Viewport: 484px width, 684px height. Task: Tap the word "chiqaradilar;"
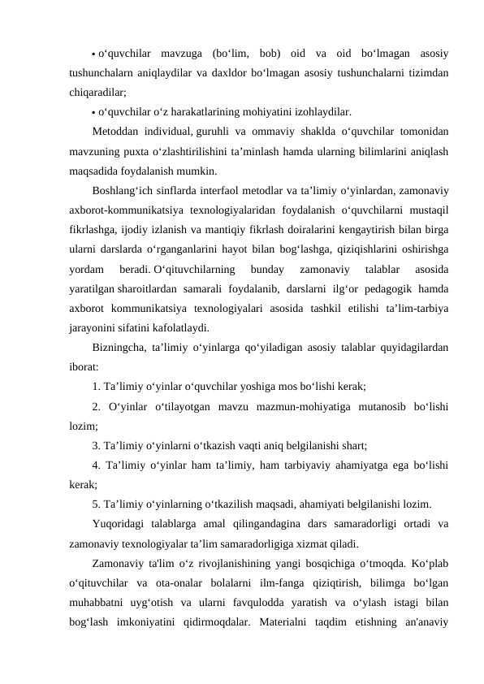point(97,93)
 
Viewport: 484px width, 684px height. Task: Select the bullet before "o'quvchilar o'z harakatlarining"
point(94,113)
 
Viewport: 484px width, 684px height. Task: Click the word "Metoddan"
point(115,132)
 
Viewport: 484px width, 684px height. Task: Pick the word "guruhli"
point(214,132)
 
